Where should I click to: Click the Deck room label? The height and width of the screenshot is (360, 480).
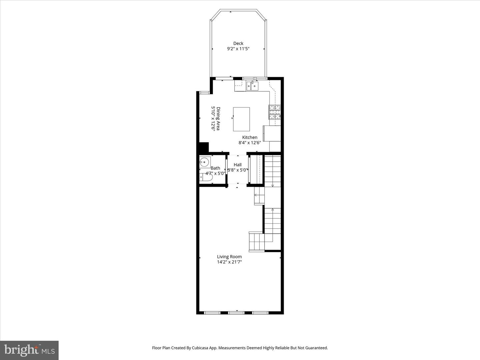click(238, 43)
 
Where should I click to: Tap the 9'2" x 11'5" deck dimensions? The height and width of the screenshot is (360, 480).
click(238, 49)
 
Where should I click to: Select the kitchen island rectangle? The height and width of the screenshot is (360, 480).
click(241, 119)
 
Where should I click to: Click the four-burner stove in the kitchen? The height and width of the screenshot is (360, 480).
click(275, 112)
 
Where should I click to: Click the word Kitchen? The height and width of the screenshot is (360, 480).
click(250, 137)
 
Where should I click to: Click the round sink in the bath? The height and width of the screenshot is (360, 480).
click(204, 162)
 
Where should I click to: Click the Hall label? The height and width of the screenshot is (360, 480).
click(238, 165)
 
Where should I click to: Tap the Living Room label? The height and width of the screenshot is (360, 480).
click(229, 257)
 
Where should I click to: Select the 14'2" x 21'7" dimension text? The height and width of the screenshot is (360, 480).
click(229, 262)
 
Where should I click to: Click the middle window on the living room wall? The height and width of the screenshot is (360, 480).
click(236, 313)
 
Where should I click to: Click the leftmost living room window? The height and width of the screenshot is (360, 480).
click(212, 313)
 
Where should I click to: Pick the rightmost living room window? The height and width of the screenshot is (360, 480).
click(260, 313)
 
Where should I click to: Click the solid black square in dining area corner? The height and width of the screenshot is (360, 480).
click(203, 147)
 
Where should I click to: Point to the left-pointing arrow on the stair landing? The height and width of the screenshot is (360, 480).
click(256, 195)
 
